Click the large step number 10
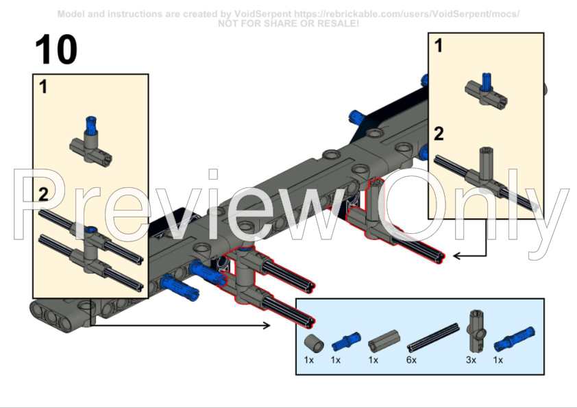pyautogui.click(x=56, y=49)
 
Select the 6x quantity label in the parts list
pyautogui.click(x=411, y=360)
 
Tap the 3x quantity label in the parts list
pyautogui.click(x=471, y=360)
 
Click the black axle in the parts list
pyautogui.click(x=433, y=337)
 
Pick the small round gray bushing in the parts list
pyautogui.click(x=314, y=343)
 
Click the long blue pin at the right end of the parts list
pyautogui.click(x=514, y=339)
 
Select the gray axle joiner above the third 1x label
pyautogui.click(x=384, y=341)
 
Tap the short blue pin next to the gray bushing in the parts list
pyautogui.click(x=346, y=341)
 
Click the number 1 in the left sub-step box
pyautogui.click(x=43, y=87)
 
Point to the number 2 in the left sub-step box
pyautogui.click(x=43, y=194)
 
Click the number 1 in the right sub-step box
pyautogui.click(x=439, y=46)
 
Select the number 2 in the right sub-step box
pyautogui.click(x=439, y=134)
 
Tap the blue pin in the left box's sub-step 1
pyautogui.click(x=90, y=125)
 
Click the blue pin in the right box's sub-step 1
pyautogui.click(x=487, y=82)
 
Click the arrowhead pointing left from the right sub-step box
pyautogui.click(x=456, y=256)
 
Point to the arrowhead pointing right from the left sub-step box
pyautogui.click(x=267, y=325)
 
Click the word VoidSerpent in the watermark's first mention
pyautogui.click(x=262, y=14)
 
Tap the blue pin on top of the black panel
pyautogui.click(x=356, y=117)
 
